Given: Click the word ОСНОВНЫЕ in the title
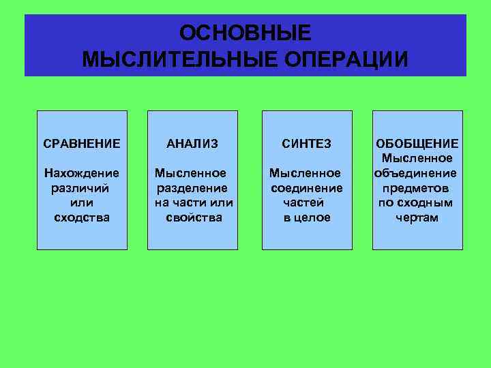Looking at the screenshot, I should point(245,33).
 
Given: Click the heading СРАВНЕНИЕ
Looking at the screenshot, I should point(82,144).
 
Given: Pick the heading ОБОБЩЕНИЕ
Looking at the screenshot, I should point(417,144).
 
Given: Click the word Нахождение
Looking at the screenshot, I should point(81,173).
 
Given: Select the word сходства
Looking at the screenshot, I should point(81,217).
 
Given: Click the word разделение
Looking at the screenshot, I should point(192,188).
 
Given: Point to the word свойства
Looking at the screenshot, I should point(194,217).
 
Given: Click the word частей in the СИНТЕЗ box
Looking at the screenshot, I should point(304,203).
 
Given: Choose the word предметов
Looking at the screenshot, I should point(415,188).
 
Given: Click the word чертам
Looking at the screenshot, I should point(417,217).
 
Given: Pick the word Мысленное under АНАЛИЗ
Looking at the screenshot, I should point(191,173).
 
